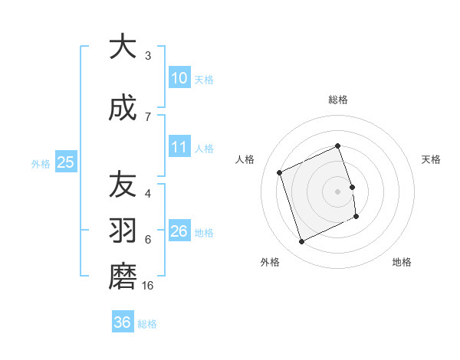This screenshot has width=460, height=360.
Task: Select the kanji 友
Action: click(x=122, y=185)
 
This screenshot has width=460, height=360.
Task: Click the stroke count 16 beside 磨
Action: click(x=149, y=286)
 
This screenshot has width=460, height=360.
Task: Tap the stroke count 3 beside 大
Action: click(x=148, y=55)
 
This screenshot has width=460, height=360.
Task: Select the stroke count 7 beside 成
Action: click(x=148, y=116)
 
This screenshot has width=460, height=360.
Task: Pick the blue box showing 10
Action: click(x=179, y=77)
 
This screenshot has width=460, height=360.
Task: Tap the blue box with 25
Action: click(x=65, y=162)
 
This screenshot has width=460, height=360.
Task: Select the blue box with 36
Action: click(x=123, y=322)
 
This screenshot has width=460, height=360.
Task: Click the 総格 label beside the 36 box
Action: click(x=148, y=324)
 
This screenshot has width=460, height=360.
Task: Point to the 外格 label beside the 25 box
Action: click(x=41, y=163)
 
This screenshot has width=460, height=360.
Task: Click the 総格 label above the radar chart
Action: click(x=338, y=100)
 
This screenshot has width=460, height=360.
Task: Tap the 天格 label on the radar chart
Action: click(x=432, y=159)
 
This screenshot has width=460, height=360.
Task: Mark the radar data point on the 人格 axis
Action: click(x=279, y=172)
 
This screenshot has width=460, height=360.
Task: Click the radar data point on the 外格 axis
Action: click(x=301, y=242)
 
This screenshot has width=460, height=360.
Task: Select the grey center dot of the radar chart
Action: click(x=338, y=191)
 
